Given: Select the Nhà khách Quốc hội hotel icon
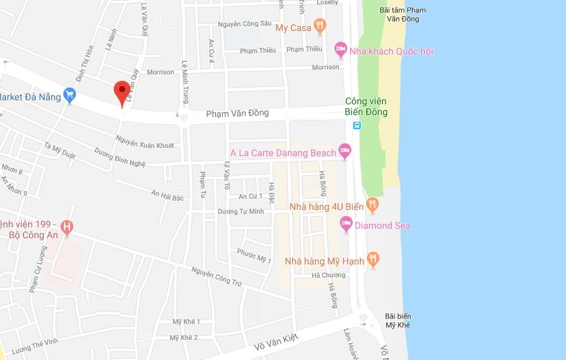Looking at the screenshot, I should (341, 49).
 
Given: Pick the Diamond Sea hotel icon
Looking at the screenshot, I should (347, 224).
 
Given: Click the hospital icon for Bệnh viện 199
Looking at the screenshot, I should (67, 227).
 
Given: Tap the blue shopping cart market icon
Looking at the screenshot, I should (70, 96).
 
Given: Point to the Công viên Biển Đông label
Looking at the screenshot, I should (366, 107).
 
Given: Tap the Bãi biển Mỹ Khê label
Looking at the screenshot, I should (398, 320).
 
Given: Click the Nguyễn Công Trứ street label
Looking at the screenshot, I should (216, 279).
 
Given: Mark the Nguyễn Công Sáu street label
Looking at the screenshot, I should (244, 25).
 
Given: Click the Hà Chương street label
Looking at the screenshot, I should (328, 275).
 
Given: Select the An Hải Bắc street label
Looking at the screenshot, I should (167, 196).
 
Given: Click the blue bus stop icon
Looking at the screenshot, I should (357, 125).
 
